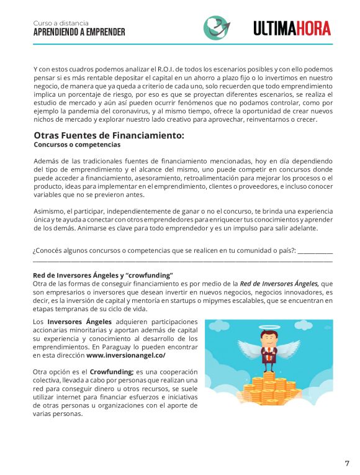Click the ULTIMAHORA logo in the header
tap(292, 28)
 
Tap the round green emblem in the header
tap(216, 28)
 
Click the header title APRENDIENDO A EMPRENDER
tap(79, 32)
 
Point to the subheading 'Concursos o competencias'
tap(77, 145)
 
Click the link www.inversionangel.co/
tap(126, 356)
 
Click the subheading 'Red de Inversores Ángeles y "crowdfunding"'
tap(102, 275)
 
